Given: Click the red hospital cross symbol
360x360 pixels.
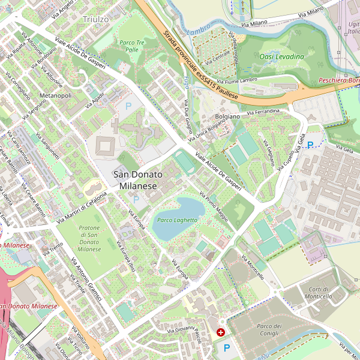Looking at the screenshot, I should tap(221, 332).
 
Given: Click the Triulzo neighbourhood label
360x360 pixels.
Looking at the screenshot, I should tap(95, 19).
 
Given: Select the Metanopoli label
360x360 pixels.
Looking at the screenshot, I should tap(55, 95).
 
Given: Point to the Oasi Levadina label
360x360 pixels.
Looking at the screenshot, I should tap(281, 56).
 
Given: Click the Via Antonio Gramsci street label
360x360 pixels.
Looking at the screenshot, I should tap(83, 273).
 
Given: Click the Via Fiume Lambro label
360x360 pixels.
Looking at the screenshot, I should tap(237, 80).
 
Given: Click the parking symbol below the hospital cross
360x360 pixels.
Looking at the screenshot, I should tap(226, 347).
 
